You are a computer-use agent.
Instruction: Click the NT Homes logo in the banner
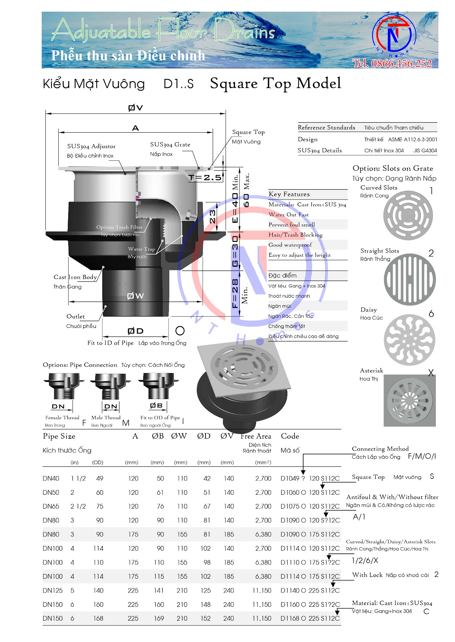(394, 36)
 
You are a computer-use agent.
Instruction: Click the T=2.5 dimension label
(205, 177)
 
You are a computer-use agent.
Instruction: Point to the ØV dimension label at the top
(135, 107)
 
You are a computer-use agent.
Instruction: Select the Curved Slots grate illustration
(408, 216)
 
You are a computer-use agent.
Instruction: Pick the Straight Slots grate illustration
(409, 279)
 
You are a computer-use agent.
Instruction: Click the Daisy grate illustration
(409, 340)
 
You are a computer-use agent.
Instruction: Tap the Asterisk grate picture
(409, 400)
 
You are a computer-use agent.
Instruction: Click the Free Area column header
(256, 436)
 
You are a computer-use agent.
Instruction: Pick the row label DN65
(51, 506)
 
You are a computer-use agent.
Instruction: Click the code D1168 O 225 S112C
(310, 619)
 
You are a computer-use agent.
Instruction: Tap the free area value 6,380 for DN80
(263, 535)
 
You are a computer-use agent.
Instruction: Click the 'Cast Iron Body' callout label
(75, 277)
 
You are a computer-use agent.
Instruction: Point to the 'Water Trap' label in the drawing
(141, 249)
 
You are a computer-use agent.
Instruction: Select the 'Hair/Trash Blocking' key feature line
(295, 235)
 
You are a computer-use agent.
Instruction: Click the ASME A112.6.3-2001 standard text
(412, 140)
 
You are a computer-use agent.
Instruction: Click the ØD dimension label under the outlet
(135, 331)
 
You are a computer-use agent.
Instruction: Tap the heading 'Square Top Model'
(275, 84)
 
